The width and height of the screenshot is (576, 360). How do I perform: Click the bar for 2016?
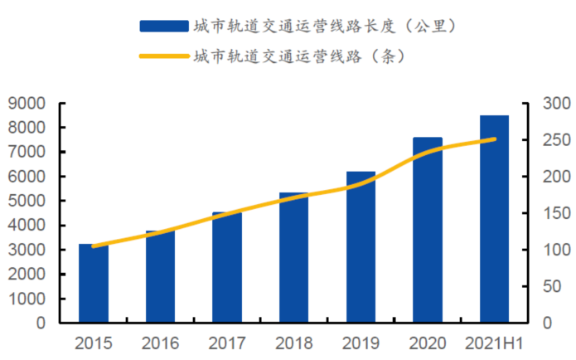[x=160, y=277]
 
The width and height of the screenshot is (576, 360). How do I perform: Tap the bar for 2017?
[x=227, y=268]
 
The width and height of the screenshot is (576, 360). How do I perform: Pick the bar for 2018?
[x=293, y=258]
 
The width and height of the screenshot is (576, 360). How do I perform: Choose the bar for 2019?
[x=361, y=247]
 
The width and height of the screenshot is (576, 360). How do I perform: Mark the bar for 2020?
[x=428, y=231]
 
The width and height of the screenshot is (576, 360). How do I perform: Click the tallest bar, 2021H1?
[x=495, y=219]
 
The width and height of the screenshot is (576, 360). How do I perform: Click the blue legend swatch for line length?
[x=163, y=27]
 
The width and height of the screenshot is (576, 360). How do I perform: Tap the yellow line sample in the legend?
[x=163, y=57]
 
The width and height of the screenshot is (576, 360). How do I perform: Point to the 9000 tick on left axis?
[x=31, y=104]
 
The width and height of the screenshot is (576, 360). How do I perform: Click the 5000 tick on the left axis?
[x=31, y=202]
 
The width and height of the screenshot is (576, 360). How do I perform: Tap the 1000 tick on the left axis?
[x=31, y=299]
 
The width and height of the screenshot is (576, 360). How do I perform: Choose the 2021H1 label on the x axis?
[x=495, y=343]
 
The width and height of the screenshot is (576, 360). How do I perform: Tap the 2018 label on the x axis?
[x=293, y=343]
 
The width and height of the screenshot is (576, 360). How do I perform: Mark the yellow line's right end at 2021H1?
[x=495, y=139]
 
